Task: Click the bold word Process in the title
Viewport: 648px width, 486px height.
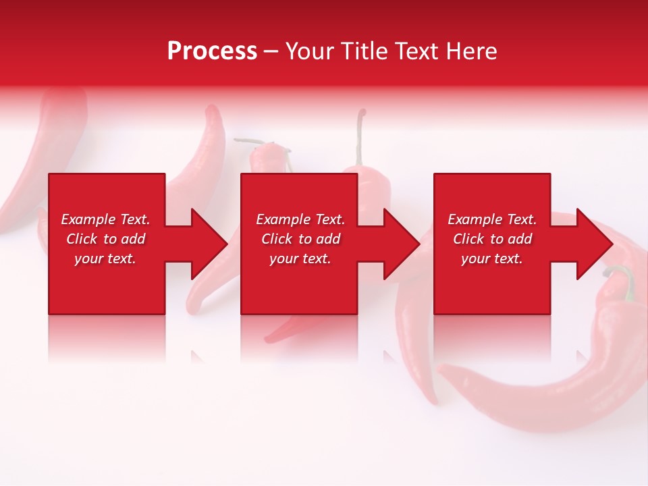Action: coord(212,51)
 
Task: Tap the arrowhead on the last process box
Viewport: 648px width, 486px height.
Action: coord(593,244)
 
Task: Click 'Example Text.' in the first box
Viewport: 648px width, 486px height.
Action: coord(105,219)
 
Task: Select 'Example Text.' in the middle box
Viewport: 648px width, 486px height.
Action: coord(300,219)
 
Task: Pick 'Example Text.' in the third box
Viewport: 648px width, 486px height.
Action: coord(492,219)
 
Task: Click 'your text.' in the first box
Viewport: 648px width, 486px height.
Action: coord(105,259)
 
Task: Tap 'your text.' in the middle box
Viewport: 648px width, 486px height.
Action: coord(300,259)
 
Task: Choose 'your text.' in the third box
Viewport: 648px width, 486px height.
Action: coord(492,259)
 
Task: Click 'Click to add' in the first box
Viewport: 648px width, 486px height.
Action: coord(105,239)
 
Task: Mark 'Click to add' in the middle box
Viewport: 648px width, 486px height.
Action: coord(300,239)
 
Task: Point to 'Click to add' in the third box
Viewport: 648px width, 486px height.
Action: coord(492,239)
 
